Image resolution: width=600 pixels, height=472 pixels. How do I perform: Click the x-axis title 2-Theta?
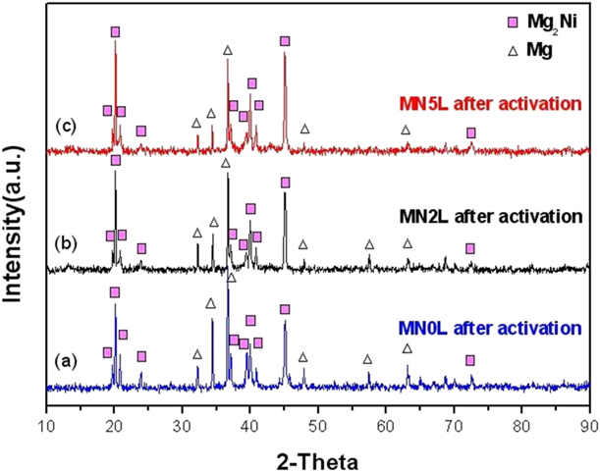(x=317, y=457)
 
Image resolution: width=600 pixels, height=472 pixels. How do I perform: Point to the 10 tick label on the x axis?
(x=46, y=427)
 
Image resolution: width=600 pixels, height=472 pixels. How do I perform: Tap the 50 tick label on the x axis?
(x=317, y=427)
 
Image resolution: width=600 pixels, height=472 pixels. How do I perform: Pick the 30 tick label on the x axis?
(x=182, y=427)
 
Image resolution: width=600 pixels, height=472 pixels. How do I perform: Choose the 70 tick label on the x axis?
(x=453, y=427)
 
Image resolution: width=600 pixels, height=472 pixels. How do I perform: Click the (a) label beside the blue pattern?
(x=67, y=360)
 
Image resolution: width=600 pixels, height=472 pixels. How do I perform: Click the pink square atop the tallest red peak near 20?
(x=116, y=32)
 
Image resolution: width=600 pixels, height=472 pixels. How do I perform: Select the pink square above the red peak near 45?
(x=285, y=41)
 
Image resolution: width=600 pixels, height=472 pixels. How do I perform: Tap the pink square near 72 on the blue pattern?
(x=470, y=360)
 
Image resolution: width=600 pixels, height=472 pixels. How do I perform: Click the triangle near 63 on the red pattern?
(x=406, y=131)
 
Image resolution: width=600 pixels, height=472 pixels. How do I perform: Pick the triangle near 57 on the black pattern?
(x=369, y=244)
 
